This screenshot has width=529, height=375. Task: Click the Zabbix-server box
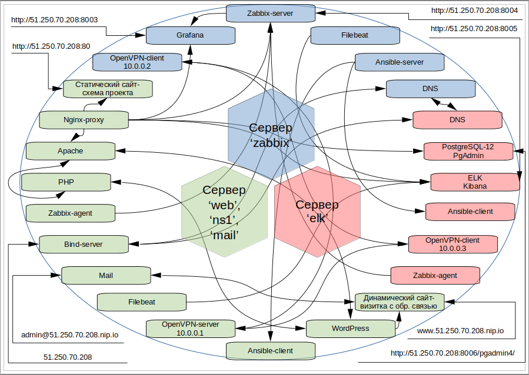(x=270, y=12)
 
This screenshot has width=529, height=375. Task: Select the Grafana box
(x=189, y=35)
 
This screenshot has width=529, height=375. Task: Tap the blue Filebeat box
(x=354, y=35)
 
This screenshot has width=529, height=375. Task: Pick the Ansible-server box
(x=400, y=62)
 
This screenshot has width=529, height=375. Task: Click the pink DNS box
(x=457, y=120)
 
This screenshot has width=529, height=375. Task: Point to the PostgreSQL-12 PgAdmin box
(x=468, y=150)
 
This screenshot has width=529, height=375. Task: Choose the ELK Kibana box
(x=475, y=182)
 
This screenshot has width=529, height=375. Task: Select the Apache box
(x=71, y=151)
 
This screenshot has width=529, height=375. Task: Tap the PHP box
(x=66, y=182)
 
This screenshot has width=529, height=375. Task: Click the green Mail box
(x=106, y=274)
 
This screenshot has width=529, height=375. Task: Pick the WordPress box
(x=351, y=328)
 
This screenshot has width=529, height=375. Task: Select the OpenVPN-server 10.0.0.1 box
(x=190, y=329)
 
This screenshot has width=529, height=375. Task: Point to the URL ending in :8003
(x=54, y=20)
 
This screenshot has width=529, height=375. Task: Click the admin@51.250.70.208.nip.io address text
(x=70, y=334)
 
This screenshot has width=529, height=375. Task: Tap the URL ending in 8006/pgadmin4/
(x=453, y=353)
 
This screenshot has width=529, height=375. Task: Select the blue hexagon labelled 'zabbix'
(x=270, y=135)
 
